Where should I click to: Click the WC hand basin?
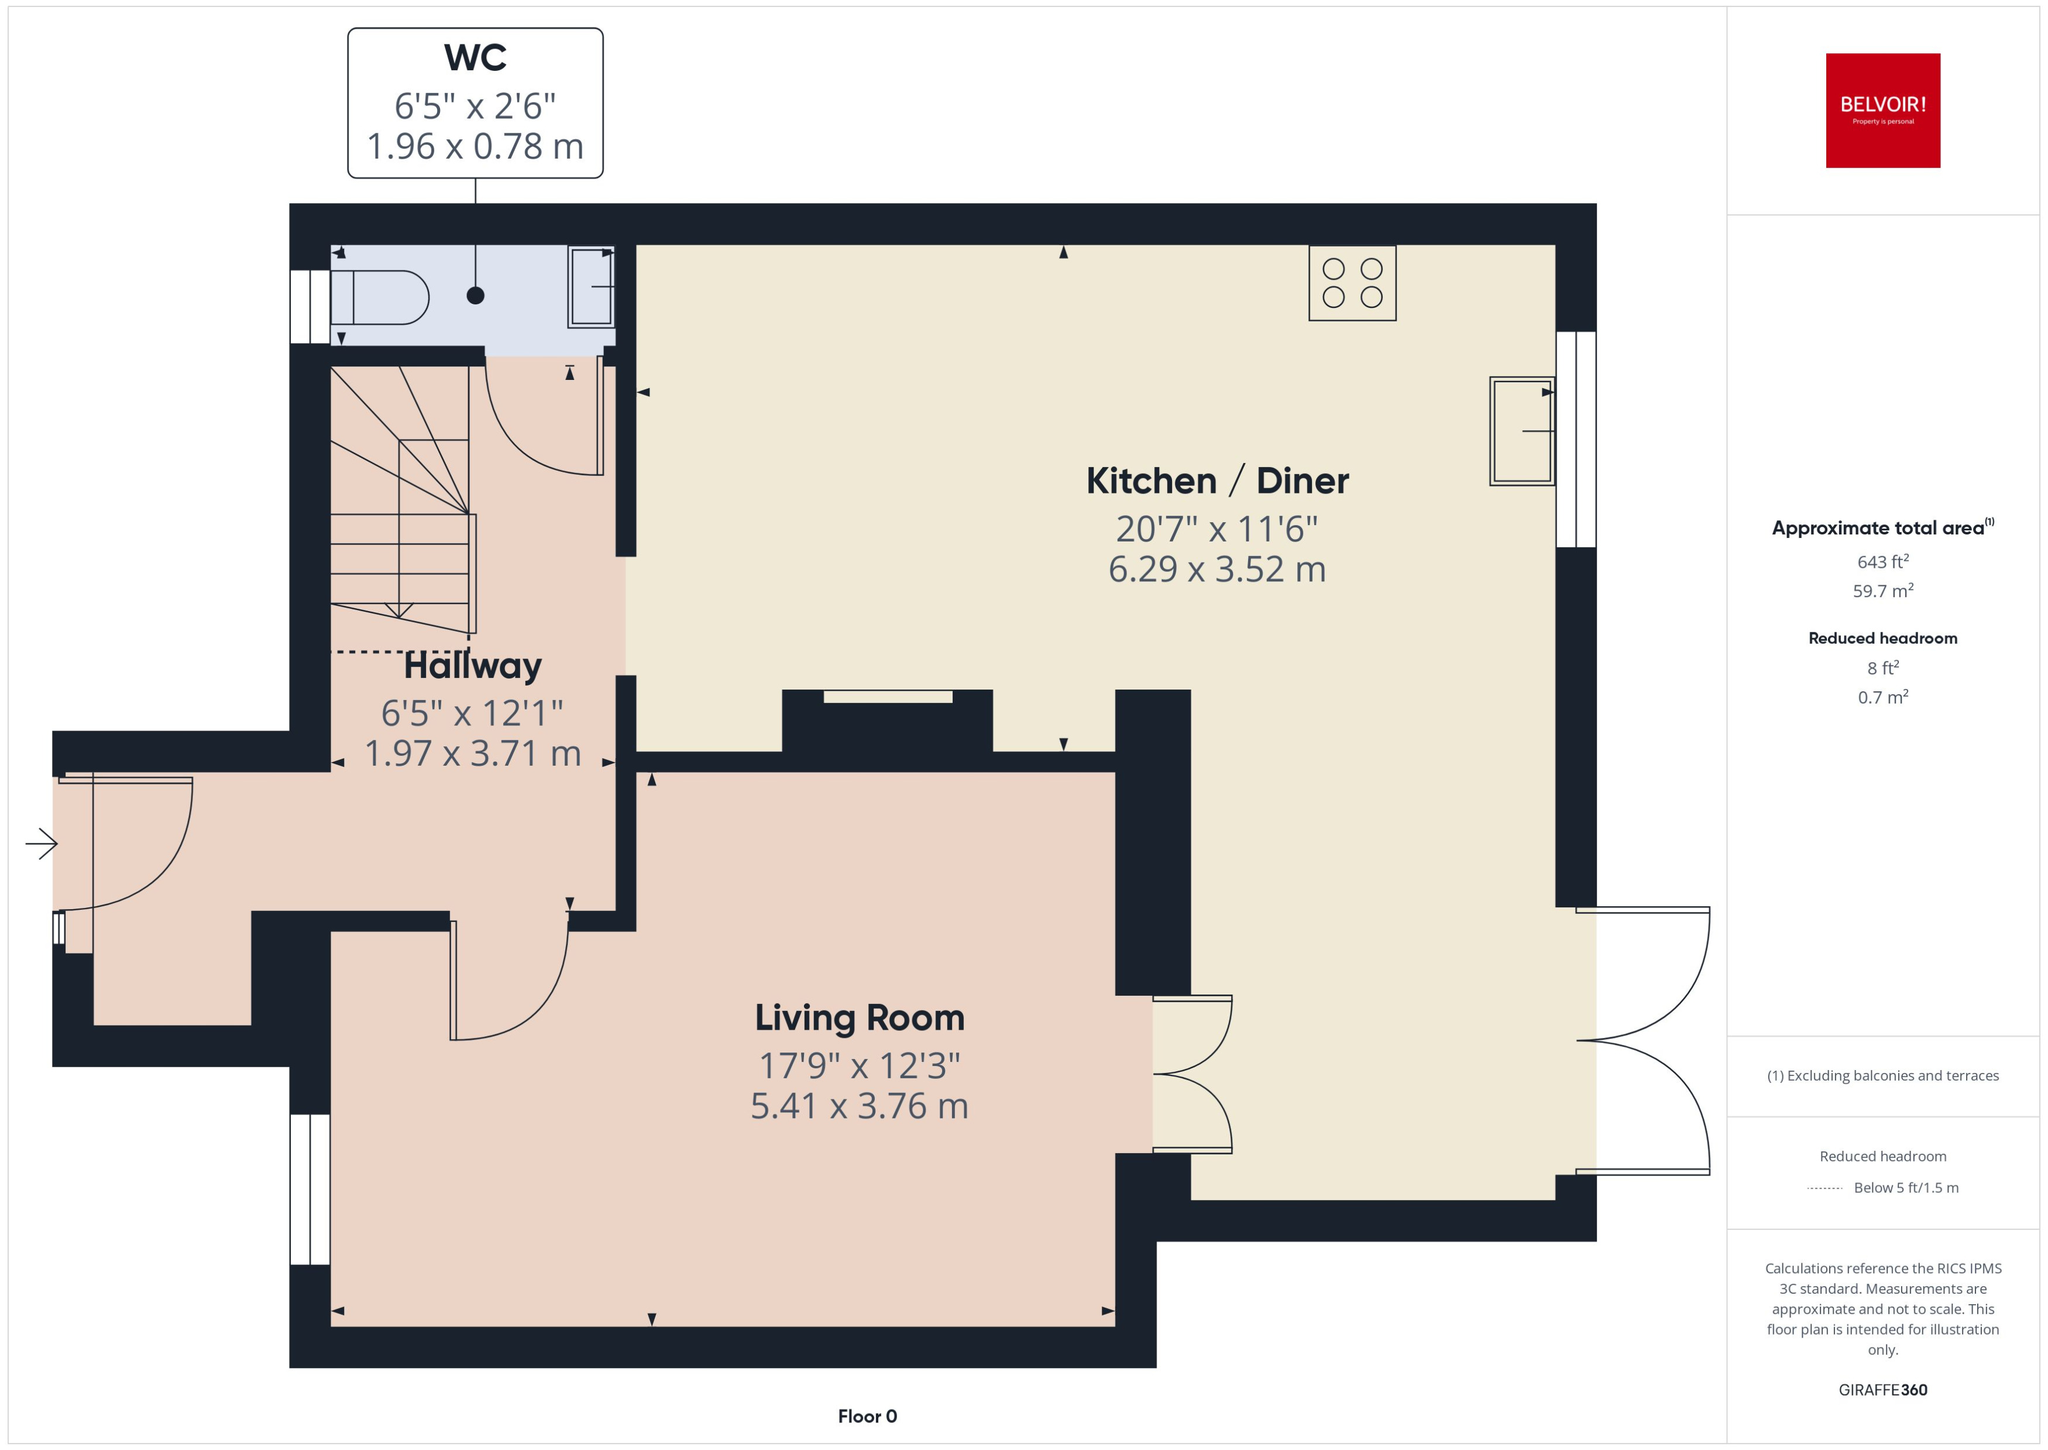pos(591,287)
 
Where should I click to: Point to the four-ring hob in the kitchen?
pos(1352,283)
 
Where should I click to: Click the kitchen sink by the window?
pos(1521,431)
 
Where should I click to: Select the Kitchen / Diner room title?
pos(1217,481)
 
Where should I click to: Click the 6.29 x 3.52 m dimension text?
pos(1217,569)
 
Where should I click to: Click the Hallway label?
pos(472,666)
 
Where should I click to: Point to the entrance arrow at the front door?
pos(41,843)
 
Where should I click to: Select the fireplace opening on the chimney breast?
pos(887,697)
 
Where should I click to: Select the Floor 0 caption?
pos(867,1416)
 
